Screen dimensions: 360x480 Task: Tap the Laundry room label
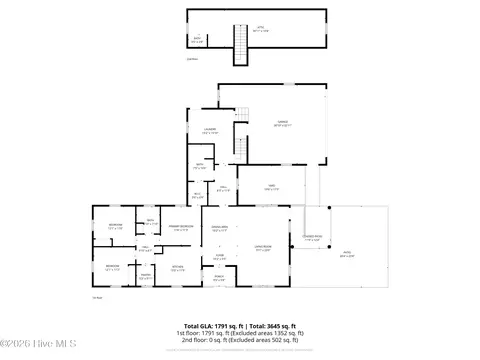tap(210, 131)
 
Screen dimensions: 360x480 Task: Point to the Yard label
tap(270, 186)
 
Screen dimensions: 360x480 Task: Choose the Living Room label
tap(263, 250)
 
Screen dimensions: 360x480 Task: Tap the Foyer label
tap(219, 257)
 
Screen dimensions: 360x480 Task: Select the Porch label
tap(218, 280)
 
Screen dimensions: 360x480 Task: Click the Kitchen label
tap(177, 267)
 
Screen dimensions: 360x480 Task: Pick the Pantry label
tap(146, 277)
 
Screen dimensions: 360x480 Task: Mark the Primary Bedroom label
tap(180, 229)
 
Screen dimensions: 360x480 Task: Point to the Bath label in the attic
tap(196, 41)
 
